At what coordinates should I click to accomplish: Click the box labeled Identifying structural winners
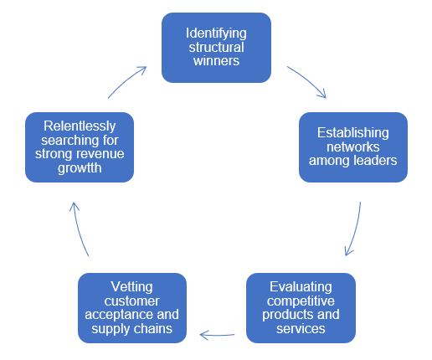pyautogui.click(x=216, y=48)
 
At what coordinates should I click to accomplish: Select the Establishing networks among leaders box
pyautogui.click(x=352, y=147)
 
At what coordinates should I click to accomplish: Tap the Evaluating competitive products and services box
pyautogui.click(x=301, y=307)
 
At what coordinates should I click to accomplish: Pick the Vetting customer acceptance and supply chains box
pyautogui.click(x=131, y=307)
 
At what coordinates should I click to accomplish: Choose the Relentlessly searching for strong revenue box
pyautogui.click(x=79, y=147)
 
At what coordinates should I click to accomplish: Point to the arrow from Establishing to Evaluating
pyautogui.click(x=354, y=229)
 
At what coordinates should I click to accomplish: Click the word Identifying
pyautogui.click(x=216, y=34)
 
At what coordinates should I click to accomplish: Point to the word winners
pyautogui.click(x=216, y=61)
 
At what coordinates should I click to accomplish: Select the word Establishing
pyautogui.click(x=352, y=132)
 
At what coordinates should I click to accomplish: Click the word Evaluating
pyautogui.click(x=301, y=286)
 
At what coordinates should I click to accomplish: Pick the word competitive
pyautogui.click(x=301, y=301)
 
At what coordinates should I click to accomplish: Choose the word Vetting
pyautogui.click(x=131, y=286)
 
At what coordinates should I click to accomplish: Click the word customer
pyautogui.click(x=131, y=301)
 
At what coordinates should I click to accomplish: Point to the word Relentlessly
pyautogui.click(x=79, y=126)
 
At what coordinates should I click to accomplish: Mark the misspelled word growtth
pyautogui.click(x=79, y=168)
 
